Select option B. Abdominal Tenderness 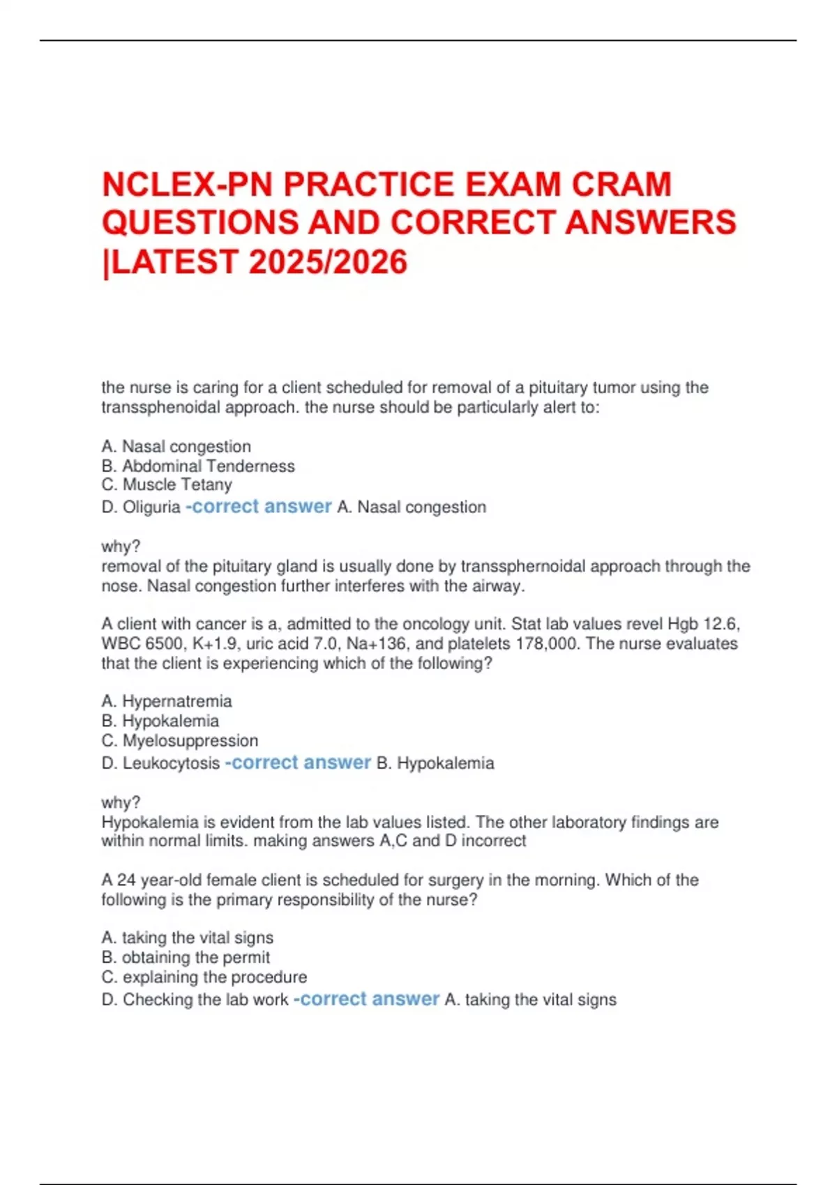point(198,466)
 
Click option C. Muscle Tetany point(167,484)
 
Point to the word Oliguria point(151,507)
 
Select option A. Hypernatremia point(167,701)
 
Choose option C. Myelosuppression point(180,740)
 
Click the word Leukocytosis point(171,763)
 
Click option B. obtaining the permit point(186,957)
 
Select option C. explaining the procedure point(204,977)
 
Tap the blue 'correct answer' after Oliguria point(259,507)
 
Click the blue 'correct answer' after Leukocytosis point(299,763)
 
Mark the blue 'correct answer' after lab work point(367,999)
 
